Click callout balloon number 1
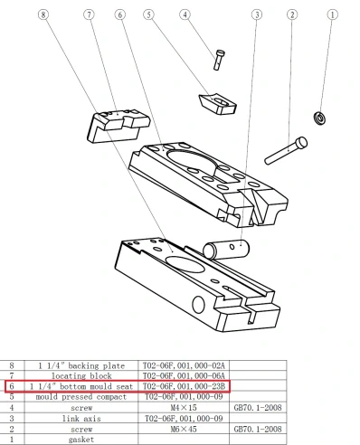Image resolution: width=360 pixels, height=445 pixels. [x=331, y=14]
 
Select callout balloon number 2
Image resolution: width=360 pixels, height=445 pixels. [x=292, y=14]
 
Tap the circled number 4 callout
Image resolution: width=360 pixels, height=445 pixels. [x=185, y=14]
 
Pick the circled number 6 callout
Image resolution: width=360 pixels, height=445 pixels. [x=119, y=14]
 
